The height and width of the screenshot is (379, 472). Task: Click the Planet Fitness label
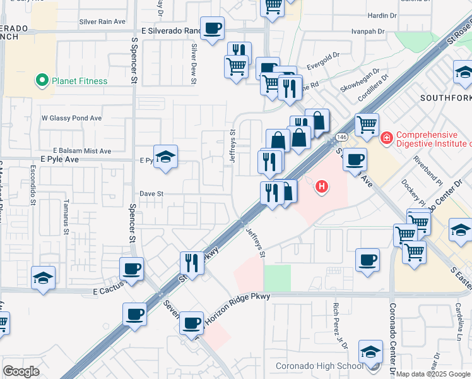point(80,81)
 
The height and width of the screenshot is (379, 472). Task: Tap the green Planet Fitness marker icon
point(42,81)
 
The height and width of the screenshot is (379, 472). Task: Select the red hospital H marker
point(322,186)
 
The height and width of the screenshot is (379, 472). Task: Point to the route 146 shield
point(341,137)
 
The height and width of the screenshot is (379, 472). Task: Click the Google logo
point(21,371)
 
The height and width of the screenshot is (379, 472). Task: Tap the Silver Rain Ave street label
point(102,21)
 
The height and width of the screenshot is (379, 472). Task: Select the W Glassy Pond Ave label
point(71,118)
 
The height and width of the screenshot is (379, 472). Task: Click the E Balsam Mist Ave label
point(82,151)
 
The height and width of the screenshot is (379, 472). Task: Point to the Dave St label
point(151,194)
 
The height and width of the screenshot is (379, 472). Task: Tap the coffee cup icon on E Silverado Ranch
point(213,28)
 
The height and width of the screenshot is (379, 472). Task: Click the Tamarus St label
point(66,217)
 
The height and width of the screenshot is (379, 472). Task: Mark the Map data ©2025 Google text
point(433,374)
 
